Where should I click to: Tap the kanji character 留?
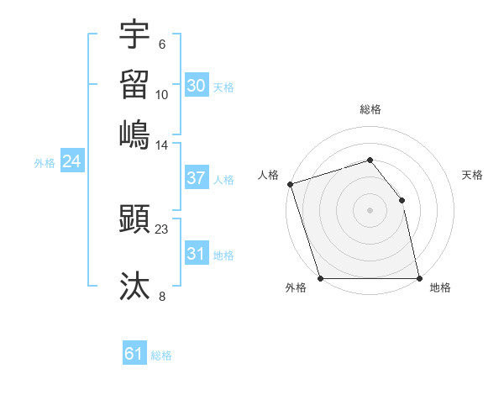[135, 84]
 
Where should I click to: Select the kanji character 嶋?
[135, 134]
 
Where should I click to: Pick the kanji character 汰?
[135, 286]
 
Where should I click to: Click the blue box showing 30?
[196, 86]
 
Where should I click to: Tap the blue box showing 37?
[196, 178]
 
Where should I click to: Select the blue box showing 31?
[196, 254]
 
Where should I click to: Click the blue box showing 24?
[71, 161]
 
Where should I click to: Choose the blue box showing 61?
[134, 354]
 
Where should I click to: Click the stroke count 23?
[162, 229]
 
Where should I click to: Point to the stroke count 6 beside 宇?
[162, 44]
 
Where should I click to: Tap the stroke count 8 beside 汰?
[162, 295]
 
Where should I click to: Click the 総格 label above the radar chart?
[370, 109]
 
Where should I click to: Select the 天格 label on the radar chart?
[473, 175]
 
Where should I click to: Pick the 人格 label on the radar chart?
[269, 175]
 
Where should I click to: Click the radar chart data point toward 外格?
[320, 278]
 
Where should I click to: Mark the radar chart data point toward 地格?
[419, 278]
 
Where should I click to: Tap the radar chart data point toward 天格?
[402, 200]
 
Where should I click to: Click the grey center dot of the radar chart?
[370, 210]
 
